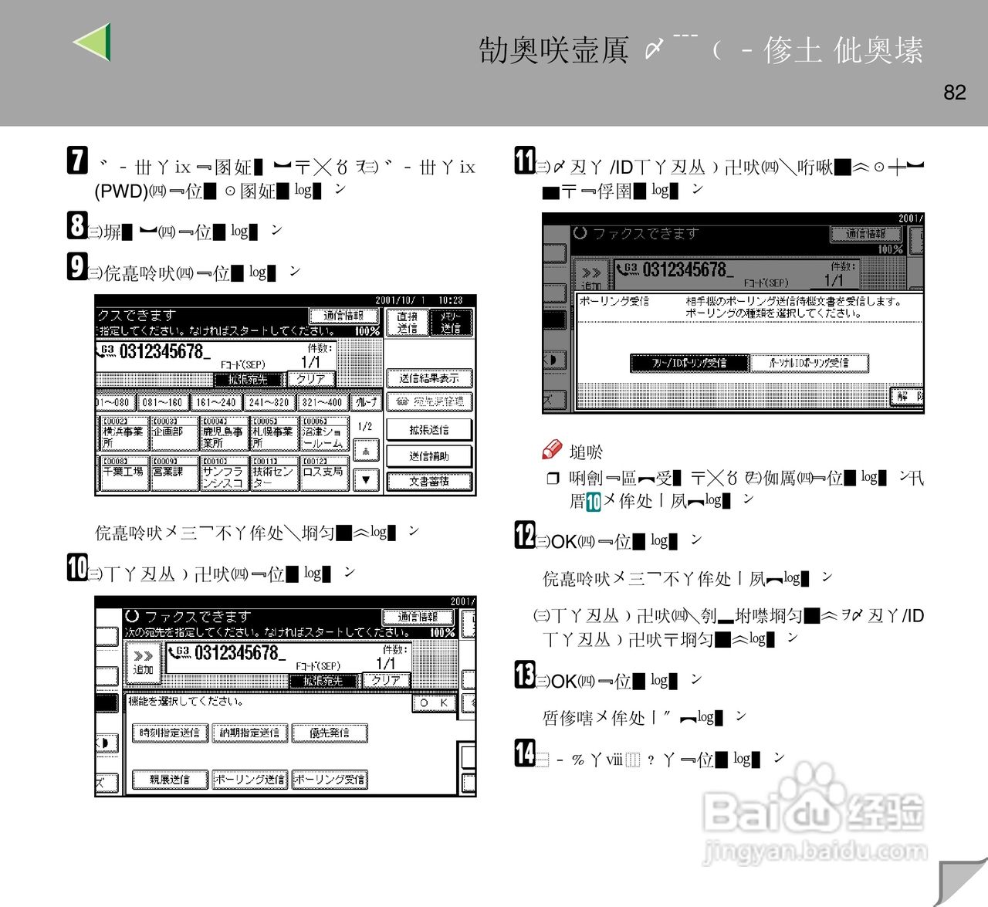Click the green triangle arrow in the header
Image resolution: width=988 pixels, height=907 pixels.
(93, 42)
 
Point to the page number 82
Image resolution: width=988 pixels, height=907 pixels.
(955, 93)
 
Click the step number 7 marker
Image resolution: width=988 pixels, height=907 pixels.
(77, 161)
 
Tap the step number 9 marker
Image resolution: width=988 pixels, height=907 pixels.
(76, 266)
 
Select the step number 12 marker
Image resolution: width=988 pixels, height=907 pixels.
(525, 535)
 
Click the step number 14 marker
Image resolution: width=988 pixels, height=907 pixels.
(525, 753)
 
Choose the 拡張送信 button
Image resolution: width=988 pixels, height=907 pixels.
(428, 430)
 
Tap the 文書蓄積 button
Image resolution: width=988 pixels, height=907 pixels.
(428, 482)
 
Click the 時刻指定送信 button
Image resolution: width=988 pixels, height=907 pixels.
(170, 733)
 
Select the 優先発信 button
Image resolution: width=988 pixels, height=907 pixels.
(330, 733)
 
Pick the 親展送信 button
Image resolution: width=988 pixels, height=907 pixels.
(170, 780)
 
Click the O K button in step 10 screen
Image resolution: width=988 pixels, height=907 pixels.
(434, 703)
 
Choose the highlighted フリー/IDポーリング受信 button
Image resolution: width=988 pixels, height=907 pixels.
(689, 363)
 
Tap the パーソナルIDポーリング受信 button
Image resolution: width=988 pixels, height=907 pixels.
(809, 363)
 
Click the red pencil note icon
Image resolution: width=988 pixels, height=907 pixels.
(552, 449)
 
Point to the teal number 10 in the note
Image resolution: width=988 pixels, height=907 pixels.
(593, 502)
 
